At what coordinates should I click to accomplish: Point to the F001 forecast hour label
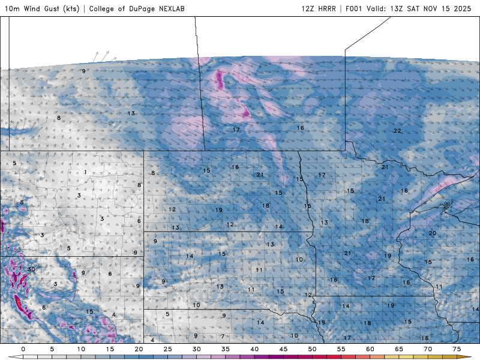click(355, 9)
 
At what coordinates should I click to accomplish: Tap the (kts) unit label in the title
click(72, 9)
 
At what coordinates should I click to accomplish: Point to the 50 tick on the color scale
click(312, 349)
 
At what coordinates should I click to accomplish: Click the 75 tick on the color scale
click(457, 349)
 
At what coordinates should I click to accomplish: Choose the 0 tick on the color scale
click(23, 349)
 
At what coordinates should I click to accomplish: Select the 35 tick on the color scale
click(226, 349)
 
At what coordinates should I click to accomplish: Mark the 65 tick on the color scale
click(399, 349)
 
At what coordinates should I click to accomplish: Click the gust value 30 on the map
click(31, 269)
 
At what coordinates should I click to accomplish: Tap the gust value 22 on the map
click(397, 131)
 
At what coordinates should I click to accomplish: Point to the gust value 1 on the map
click(85, 172)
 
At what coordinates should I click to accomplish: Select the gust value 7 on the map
click(223, 336)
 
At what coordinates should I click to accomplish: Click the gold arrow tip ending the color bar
click(468, 356)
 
